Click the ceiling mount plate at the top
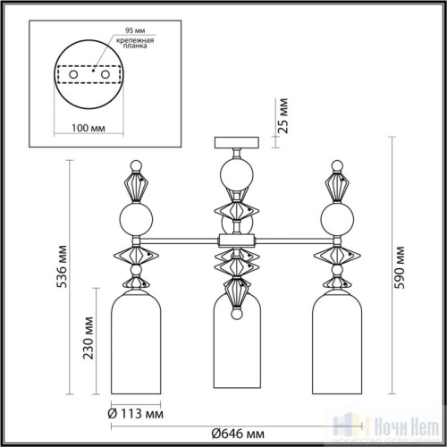pyautogui.click(x=236, y=139)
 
